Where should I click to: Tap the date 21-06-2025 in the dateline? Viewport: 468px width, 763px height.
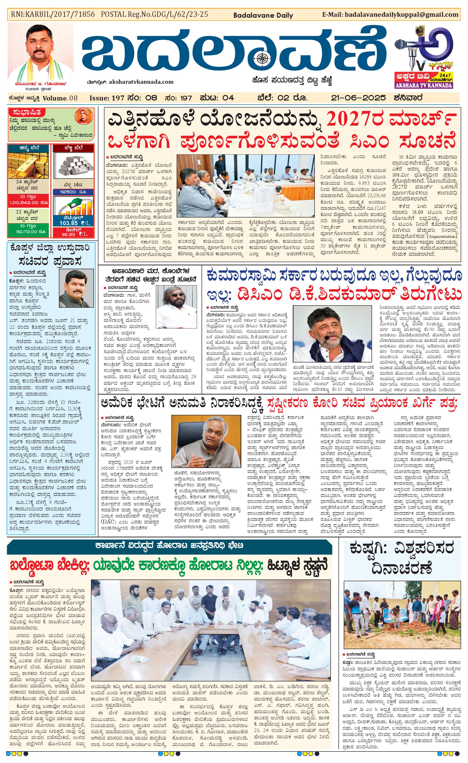pos(358,98)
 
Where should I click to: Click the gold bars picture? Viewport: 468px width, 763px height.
pos(28,164)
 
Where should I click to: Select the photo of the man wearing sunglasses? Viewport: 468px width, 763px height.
pos(176,306)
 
